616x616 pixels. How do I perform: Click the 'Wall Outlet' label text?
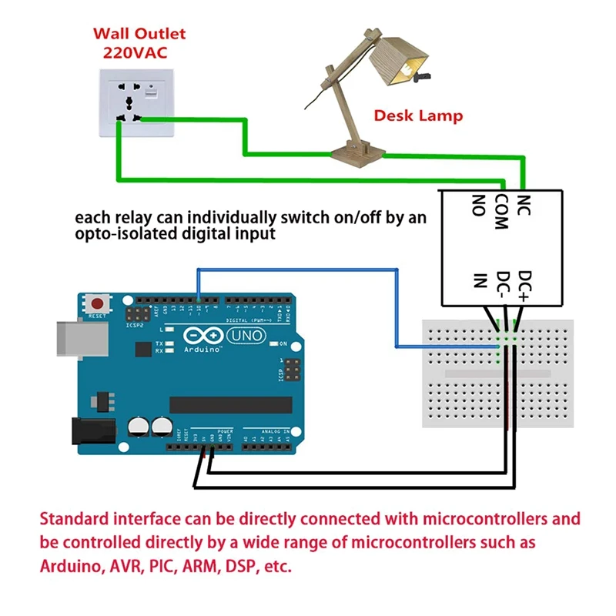point(139,34)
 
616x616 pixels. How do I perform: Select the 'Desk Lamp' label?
point(418,116)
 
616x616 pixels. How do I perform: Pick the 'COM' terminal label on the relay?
point(501,212)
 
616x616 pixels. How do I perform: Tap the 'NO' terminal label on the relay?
point(478,205)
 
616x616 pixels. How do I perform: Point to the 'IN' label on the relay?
point(479,279)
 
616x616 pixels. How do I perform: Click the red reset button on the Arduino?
point(98,301)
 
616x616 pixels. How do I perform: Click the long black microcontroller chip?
point(231,405)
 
